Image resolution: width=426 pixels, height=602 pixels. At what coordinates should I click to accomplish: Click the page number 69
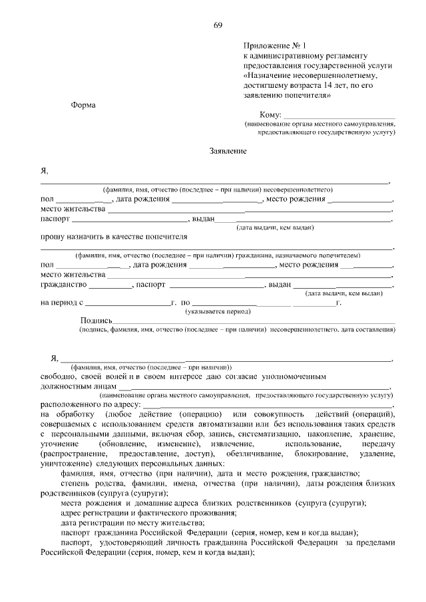(218, 25)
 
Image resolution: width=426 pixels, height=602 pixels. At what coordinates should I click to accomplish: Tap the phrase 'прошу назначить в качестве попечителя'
(114, 236)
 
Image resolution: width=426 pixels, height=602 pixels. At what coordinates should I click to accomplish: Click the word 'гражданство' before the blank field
(64, 284)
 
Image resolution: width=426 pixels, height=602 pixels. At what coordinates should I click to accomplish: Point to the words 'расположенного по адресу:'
(91, 404)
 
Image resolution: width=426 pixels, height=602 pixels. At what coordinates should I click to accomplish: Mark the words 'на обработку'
(64, 414)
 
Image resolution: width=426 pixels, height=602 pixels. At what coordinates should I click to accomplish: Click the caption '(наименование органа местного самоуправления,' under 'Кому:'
(319, 124)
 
